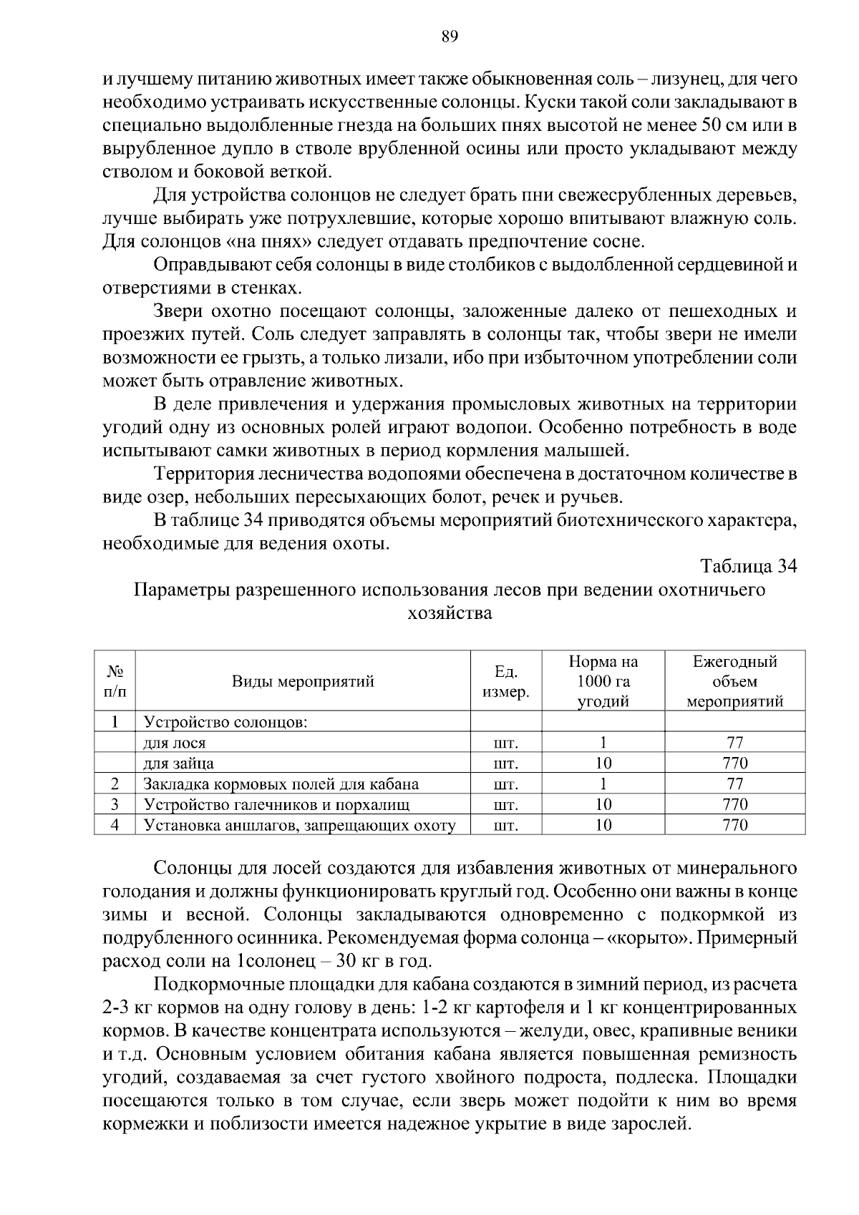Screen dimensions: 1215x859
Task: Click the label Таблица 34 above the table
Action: click(748, 566)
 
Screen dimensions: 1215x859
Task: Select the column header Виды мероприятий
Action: click(303, 681)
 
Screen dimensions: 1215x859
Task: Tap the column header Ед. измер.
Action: click(505, 681)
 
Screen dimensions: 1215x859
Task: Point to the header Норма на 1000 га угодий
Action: click(603, 681)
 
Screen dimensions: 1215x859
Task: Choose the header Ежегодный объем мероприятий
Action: click(734, 681)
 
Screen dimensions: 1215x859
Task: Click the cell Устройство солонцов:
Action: click(225, 721)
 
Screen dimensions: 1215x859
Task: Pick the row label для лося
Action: click(175, 743)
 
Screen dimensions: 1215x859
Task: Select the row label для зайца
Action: click(178, 763)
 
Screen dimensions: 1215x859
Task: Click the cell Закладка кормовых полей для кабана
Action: click(281, 784)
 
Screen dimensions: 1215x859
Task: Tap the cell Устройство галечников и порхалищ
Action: click(276, 805)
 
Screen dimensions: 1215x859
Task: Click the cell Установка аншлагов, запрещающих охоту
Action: click(300, 826)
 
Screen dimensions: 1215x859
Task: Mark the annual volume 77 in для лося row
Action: click(734, 743)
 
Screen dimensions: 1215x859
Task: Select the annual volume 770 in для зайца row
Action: click(734, 763)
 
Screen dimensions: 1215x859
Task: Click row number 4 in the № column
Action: click(115, 826)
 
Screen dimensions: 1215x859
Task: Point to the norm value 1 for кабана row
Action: click(603, 784)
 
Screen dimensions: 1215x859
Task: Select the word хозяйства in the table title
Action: click(450, 613)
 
